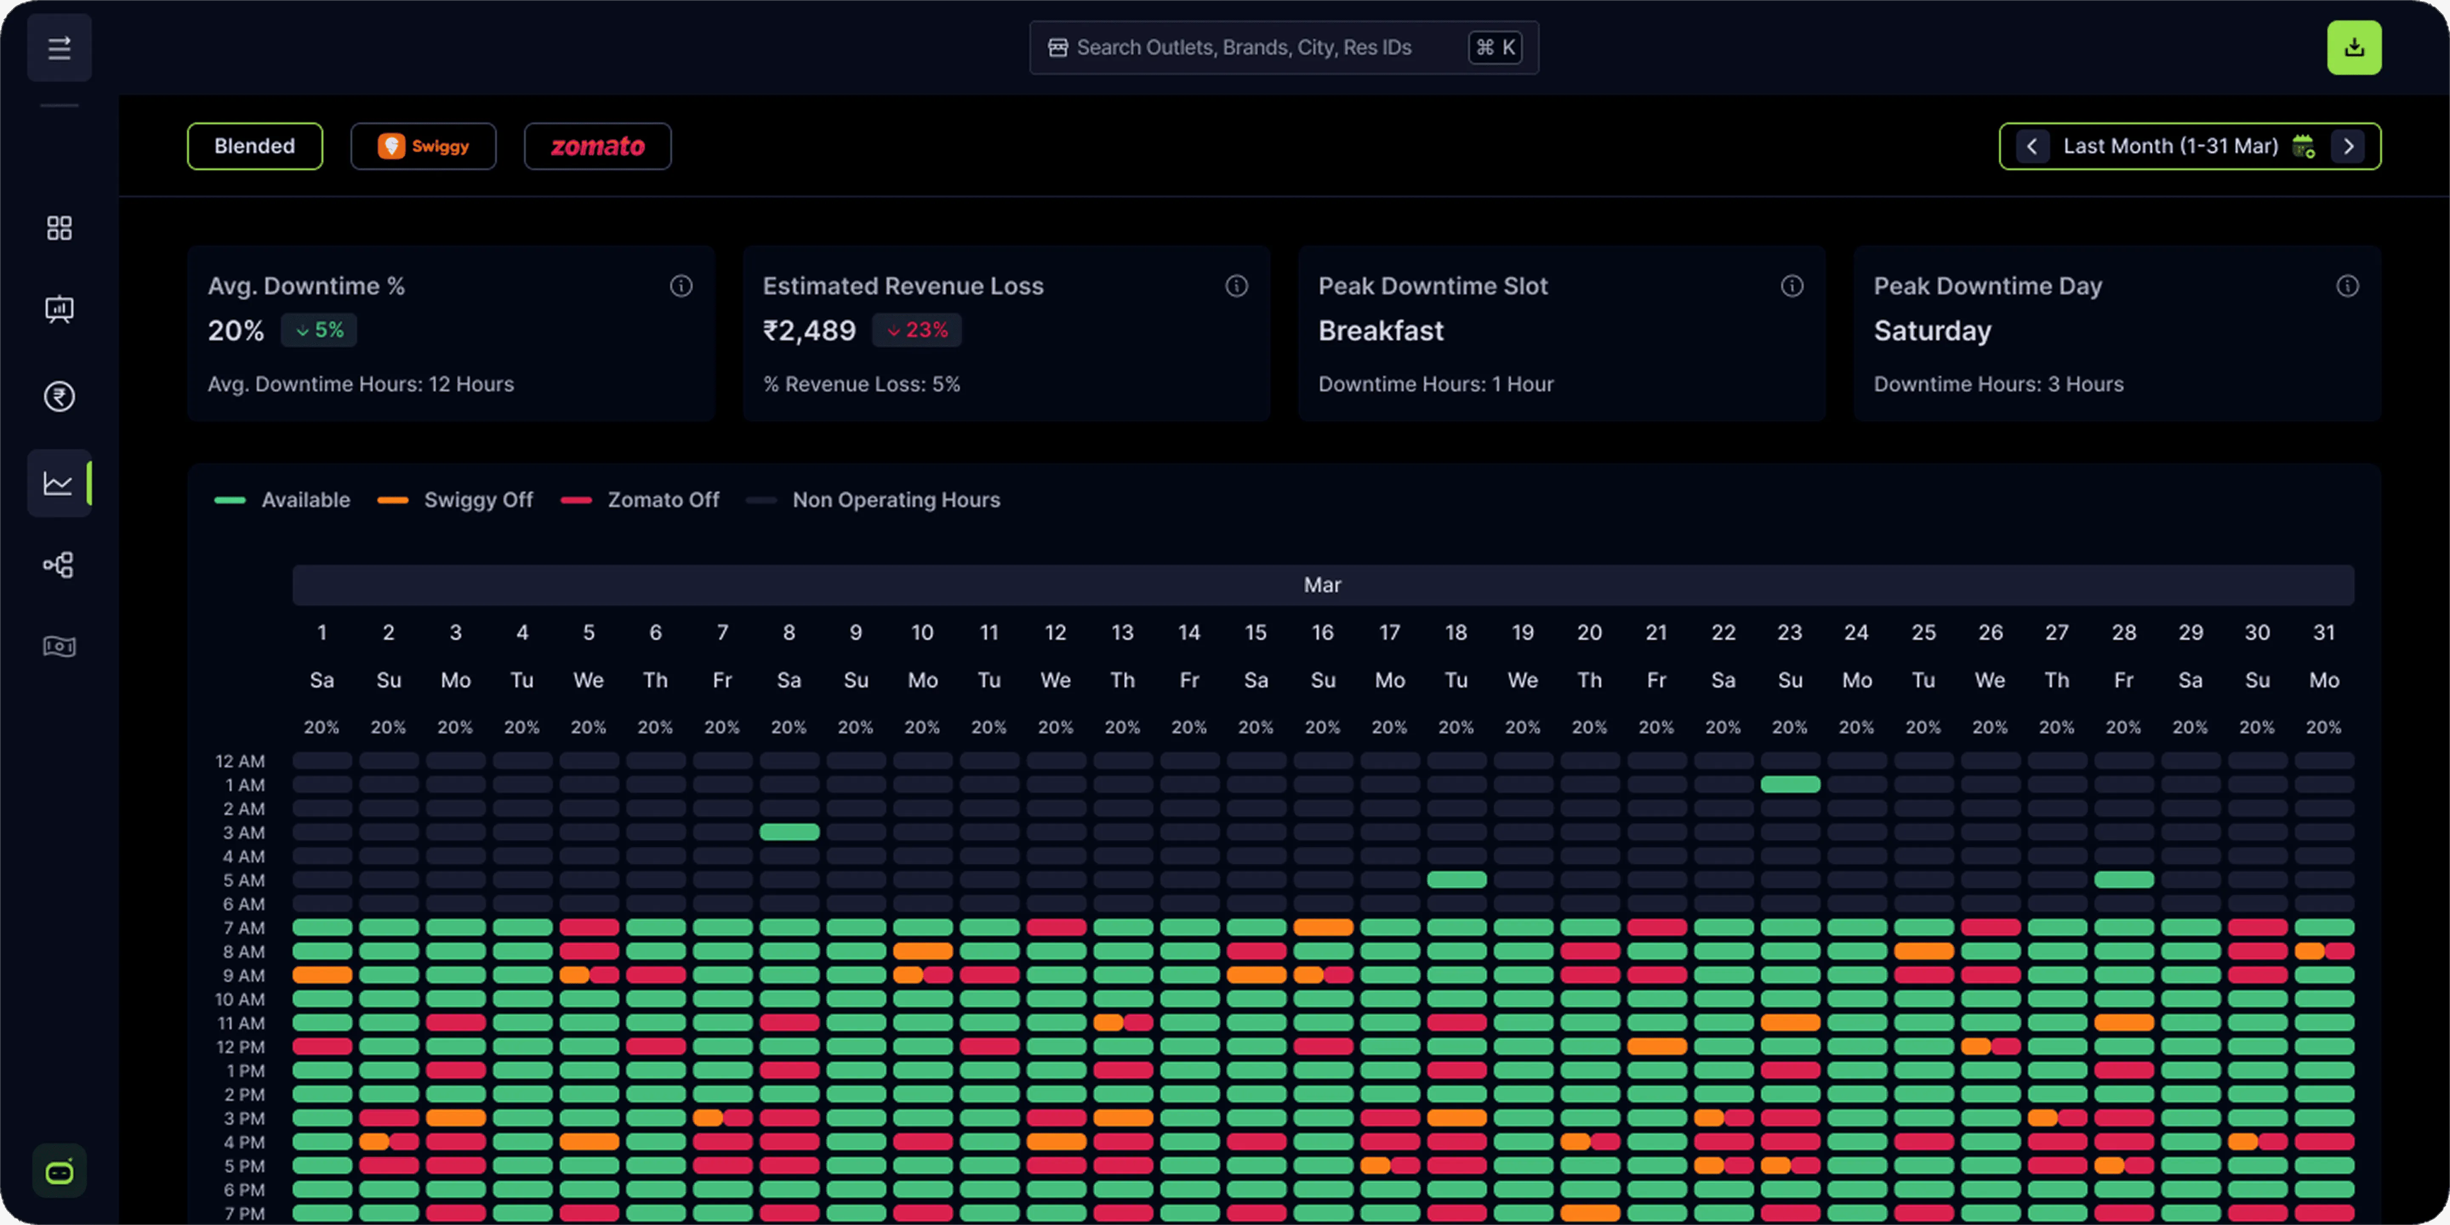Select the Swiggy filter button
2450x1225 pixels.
point(423,146)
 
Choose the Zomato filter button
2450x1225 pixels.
point(597,146)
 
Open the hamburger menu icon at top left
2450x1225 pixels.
point(59,48)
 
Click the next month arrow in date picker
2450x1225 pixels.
point(2348,146)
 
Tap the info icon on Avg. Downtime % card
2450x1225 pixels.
point(681,286)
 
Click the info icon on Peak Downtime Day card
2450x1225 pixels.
point(2347,286)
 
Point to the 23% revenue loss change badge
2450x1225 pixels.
point(917,330)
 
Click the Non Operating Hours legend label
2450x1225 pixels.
point(896,500)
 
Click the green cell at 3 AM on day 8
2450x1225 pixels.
point(789,832)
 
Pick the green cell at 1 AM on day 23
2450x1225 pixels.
point(1790,785)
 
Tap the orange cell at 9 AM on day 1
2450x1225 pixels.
point(322,975)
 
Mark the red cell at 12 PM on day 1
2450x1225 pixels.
point(322,1046)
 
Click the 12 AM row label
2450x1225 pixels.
point(239,761)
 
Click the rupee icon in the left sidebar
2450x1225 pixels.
point(59,396)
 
